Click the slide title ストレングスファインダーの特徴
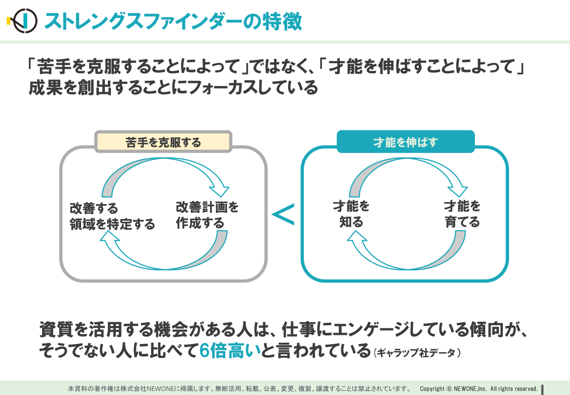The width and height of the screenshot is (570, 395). (x=173, y=22)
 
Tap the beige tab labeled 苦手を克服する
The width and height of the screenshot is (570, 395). (x=163, y=142)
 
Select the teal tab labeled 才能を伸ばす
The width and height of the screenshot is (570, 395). (x=406, y=142)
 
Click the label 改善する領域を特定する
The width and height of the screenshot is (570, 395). (x=112, y=216)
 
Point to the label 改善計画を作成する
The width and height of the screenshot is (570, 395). (x=207, y=215)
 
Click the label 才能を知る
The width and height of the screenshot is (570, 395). (x=351, y=214)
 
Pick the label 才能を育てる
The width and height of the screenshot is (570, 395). (x=462, y=214)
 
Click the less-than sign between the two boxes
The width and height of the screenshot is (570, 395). (x=283, y=215)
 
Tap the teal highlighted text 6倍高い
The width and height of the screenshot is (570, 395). (x=230, y=351)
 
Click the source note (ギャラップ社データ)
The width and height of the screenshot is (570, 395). (x=417, y=353)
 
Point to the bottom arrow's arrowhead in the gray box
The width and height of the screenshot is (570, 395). (x=110, y=236)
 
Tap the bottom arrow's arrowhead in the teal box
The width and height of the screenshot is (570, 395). (x=357, y=236)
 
